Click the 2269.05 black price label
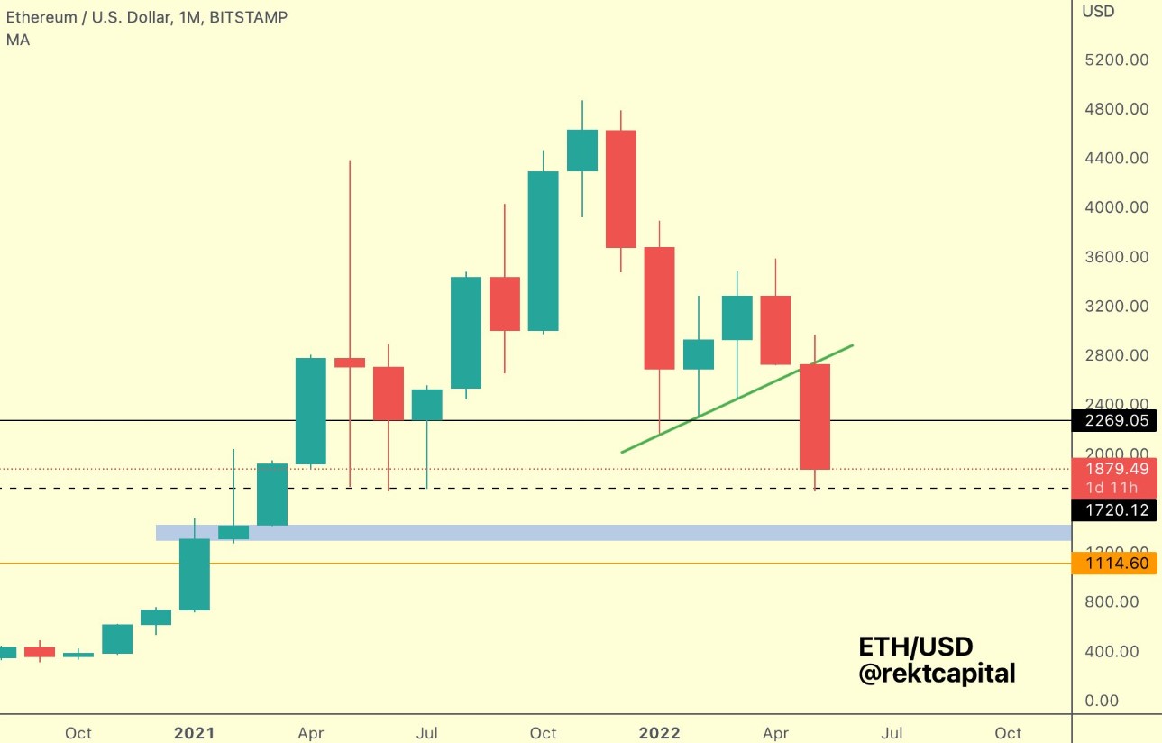point(1117,420)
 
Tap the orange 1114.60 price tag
point(1117,564)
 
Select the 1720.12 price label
point(1117,511)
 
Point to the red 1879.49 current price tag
point(1117,469)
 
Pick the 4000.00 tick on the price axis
point(1115,207)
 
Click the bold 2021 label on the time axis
point(195,733)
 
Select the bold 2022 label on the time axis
point(660,733)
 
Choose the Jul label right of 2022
point(892,733)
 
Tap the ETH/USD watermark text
point(915,647)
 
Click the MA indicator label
point(18,41)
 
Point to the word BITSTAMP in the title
point(248,17)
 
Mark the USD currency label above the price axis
point(1098,12)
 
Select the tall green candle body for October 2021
point(543,252)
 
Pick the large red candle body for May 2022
point(815,417)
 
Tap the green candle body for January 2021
point(195,574)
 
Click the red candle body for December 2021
point(621,188)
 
